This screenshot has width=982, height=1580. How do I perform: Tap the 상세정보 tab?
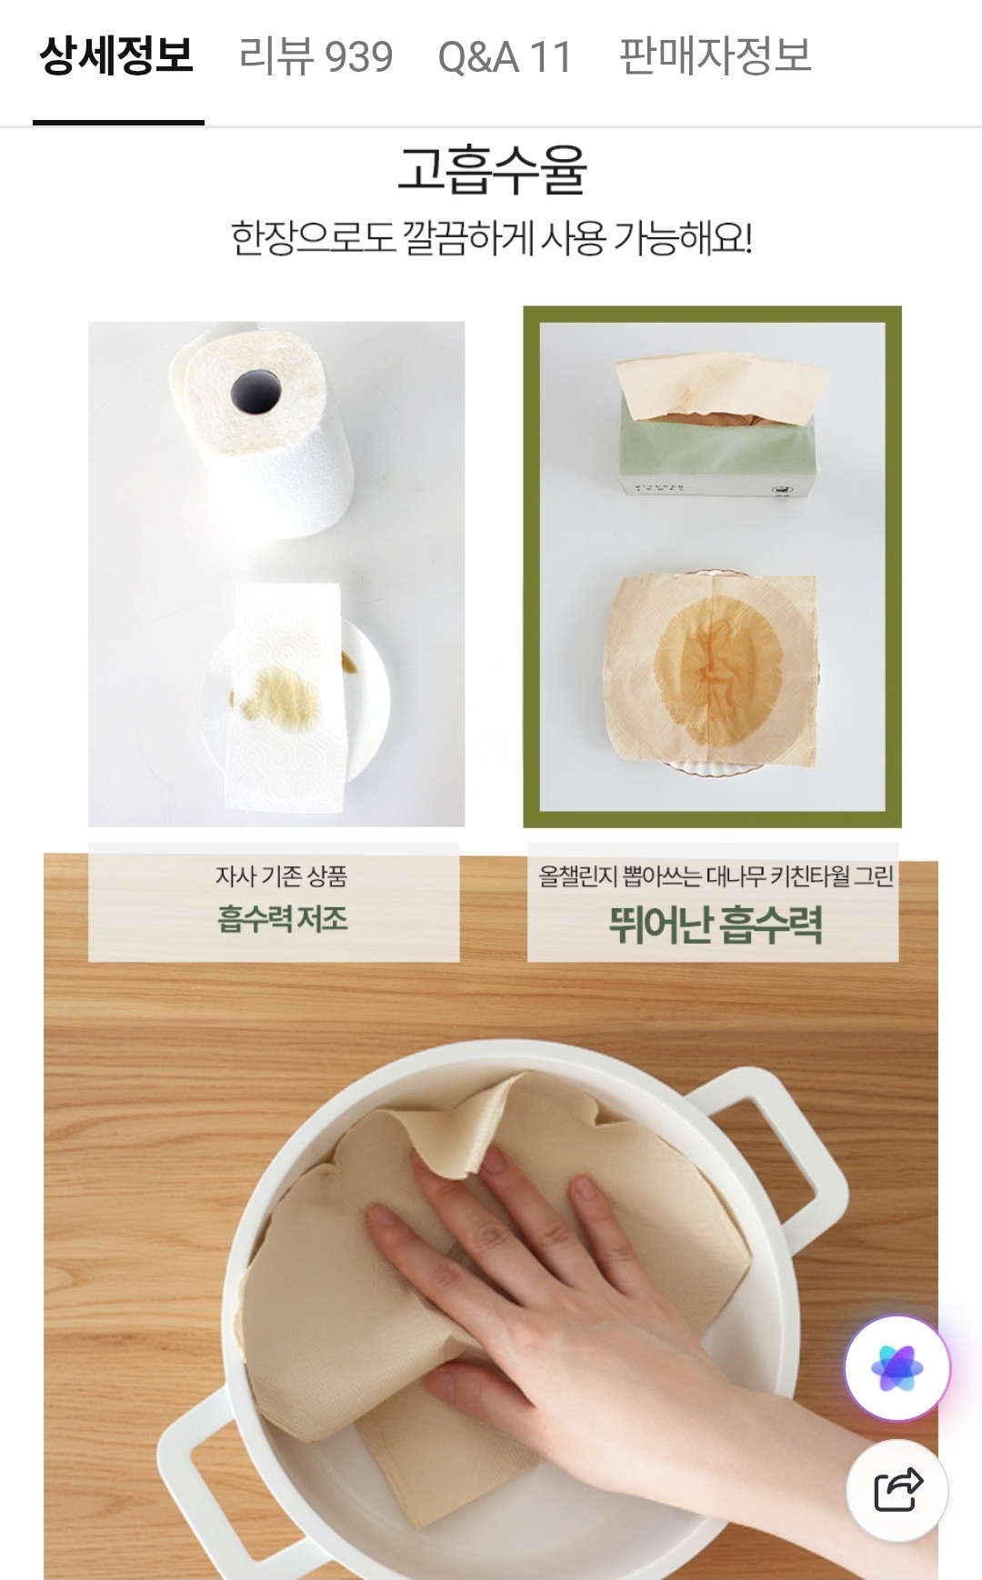(116, 56)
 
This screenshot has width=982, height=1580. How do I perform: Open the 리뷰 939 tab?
(316, 56)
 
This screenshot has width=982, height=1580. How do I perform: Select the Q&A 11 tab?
(505, 57)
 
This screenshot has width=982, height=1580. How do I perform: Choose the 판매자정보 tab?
(715, 56)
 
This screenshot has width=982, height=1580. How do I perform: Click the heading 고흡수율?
(492, 170)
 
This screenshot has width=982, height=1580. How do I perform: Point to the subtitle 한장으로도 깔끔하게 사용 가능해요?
(491, 238)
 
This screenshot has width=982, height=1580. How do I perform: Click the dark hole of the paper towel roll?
(256, 393)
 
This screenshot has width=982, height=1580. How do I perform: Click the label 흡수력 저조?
(282, 919)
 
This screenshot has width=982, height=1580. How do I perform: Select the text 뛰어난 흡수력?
(716, 925)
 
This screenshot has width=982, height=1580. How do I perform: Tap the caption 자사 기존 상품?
(281, 876)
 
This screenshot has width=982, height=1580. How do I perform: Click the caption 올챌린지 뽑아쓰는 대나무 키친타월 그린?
(716, 876)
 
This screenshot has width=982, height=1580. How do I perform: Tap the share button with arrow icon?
(897, 1490)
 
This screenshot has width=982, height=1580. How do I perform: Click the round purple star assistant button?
(897, 1368)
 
